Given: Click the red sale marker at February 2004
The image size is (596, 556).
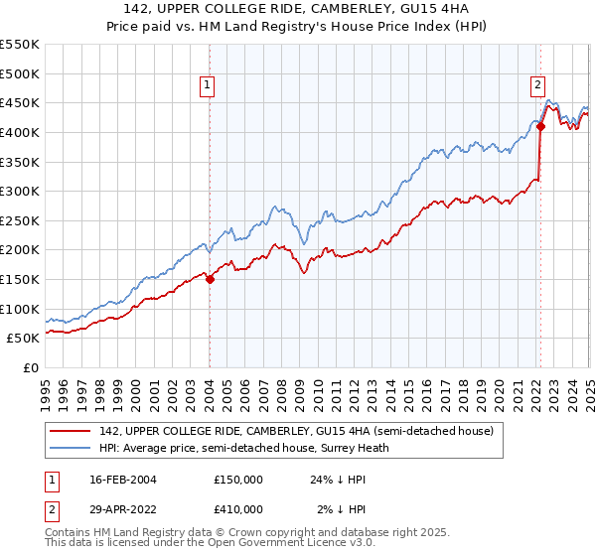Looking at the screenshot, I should tap(210, 280).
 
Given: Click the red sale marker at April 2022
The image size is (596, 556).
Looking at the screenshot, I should tap(540, 126).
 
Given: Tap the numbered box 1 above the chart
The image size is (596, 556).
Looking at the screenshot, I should tap(209, 86).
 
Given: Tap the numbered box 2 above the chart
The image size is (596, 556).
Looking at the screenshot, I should tap(537, 86).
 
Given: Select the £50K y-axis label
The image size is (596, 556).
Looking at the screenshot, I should tap(24, 339).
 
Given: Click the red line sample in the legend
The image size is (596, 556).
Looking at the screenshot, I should tap(72, 430).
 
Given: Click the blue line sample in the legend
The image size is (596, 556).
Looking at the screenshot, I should tap(72, 448).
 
